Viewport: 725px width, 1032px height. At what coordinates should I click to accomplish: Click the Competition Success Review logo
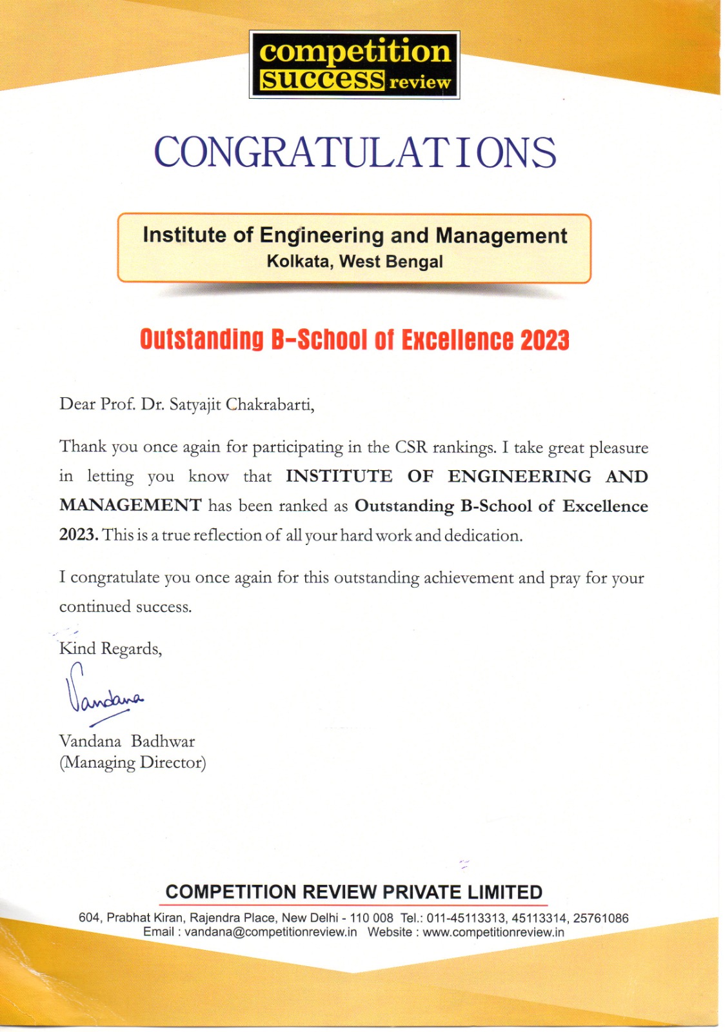point(354,65)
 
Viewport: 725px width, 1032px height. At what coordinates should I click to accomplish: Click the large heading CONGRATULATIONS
point(354,153)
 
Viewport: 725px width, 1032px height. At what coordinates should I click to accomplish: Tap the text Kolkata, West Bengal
point(354,262)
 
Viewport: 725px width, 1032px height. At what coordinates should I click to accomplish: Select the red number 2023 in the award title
point(544,340)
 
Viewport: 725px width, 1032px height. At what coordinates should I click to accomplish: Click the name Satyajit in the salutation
point(195,405)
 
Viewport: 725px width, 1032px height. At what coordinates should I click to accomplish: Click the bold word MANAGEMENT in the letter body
point(130,505)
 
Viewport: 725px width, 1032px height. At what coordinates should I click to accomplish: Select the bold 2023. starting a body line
point(79,535)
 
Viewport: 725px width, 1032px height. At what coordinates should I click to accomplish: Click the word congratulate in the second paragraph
point(115,577)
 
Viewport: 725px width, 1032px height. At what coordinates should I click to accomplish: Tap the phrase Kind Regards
point(110,648)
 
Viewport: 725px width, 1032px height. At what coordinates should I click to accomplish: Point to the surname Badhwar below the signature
point(163,741)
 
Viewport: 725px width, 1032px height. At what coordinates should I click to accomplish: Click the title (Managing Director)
point(132,762)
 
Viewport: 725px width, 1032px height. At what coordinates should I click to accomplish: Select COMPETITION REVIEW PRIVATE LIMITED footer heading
point(353,892)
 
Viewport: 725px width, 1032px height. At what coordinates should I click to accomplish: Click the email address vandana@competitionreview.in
point(270,932)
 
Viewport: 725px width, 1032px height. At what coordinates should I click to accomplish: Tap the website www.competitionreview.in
point(493,932)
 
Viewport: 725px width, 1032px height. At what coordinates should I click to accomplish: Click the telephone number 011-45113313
point(466,918)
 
